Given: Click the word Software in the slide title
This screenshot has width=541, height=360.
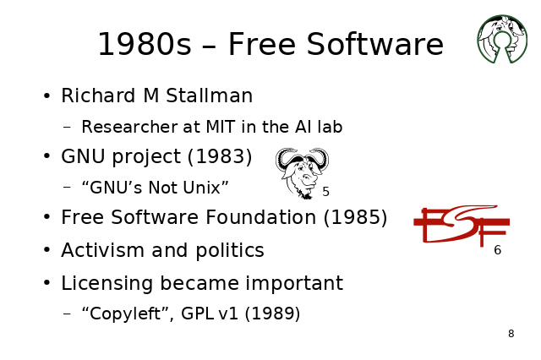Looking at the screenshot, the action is (x=374, y=44).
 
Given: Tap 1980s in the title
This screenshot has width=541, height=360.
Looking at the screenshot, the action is (x=145, y=44).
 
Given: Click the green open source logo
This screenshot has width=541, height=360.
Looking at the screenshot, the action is (x=502, y=39).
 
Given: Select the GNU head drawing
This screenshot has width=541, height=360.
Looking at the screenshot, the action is (x=302, y=173).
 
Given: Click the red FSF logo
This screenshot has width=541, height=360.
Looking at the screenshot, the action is (x=462, y=226).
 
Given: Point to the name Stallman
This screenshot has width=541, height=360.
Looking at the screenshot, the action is (x=209, y=95).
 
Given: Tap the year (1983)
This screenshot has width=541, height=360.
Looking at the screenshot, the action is (x=220, y=156).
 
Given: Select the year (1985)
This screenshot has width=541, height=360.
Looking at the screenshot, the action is (x=355, y=217).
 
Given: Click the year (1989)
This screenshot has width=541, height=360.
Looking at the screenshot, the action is (x=272, y=314).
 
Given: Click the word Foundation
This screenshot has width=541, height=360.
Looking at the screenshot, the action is (x=261, y=217).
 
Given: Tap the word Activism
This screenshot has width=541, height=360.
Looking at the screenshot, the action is (x=102, y=250).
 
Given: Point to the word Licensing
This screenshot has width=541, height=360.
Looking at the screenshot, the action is (x=107, y=284).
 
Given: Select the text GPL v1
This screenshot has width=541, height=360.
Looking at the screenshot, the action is (x=210, y=314).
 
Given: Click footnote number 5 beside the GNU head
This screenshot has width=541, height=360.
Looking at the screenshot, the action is (x=325, y=192).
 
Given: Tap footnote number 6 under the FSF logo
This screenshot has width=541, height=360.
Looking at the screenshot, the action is (x=497, y=250).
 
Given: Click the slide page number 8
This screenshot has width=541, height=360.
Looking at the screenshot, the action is (x=511, y=334).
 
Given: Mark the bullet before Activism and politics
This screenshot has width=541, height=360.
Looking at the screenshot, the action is (x=47, y=249).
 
